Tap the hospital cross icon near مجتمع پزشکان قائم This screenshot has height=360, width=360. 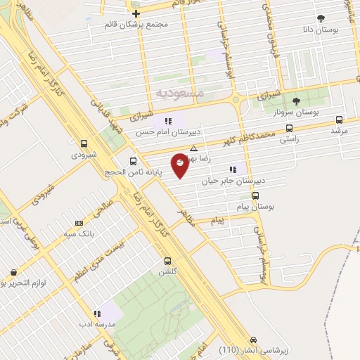point(136,13)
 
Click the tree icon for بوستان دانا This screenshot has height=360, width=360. point(321,18)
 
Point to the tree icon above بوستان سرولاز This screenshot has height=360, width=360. point(296,101)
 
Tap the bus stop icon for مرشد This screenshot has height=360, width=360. point(340,120)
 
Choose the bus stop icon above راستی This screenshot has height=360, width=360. point(289,129)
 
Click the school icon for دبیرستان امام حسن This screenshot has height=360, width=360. point(168,121)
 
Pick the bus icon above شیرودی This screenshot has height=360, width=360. point(84,143)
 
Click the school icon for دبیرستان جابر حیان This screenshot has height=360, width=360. point(232,169)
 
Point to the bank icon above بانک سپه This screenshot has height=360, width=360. point(78,222)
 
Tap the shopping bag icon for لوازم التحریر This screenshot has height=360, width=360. point(13,272)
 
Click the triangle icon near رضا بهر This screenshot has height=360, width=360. point(193,148)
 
